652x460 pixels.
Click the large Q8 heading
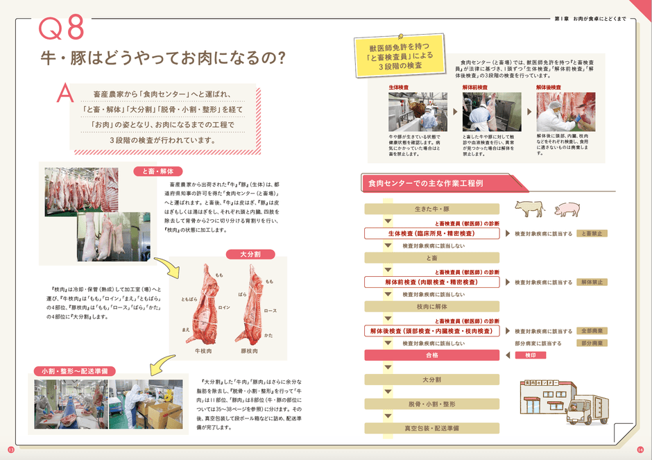pyautogui.click(x=61, y=29)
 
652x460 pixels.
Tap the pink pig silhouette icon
pyautogui.click(x=567, y=208)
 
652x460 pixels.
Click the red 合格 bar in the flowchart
pyautogui.click(x=432, y=355)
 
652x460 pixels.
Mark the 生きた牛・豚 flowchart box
pyautogui.click(x=432, y=208)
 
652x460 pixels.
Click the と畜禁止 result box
pyautogui.click(x=594, y=234)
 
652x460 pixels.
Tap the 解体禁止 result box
pyautogui.click(x=594, y=282)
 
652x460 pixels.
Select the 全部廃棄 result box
pyautogui.click(x=594, y=331)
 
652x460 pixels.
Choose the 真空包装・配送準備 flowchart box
pyautogui.click(x=432, y=428)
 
